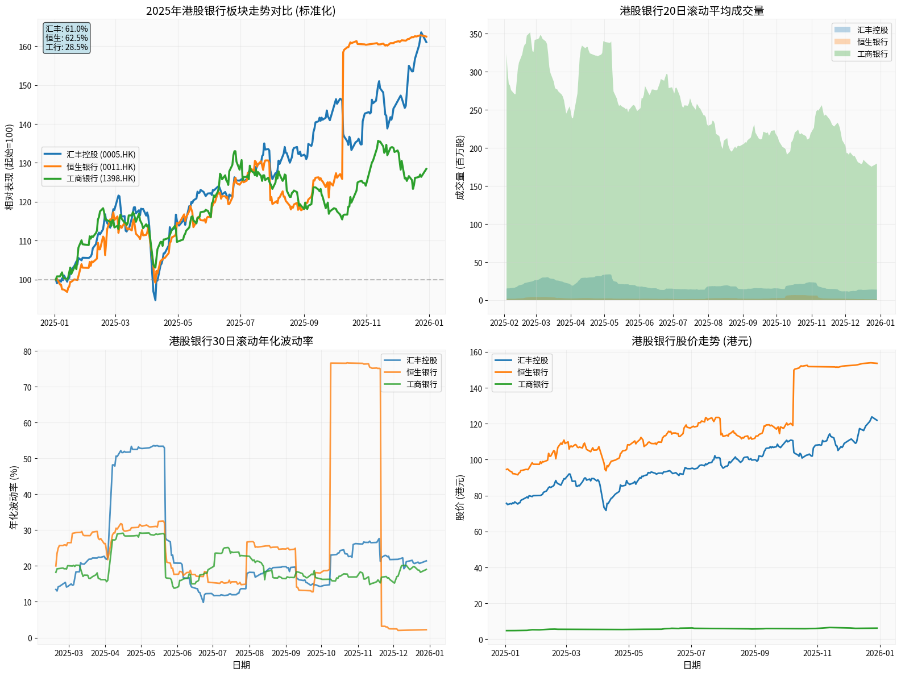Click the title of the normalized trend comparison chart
coord(241,11)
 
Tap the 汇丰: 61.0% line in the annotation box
coord(67,29)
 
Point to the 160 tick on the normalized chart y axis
coord(25,47)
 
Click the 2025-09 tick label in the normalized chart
coord(304,323)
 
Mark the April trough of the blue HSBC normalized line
coord(155,299)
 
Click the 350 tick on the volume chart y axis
coord(475,34)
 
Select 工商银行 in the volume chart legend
coord(872,54)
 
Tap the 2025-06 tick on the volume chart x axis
coord(639,323)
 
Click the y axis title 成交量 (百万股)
coord(460,167)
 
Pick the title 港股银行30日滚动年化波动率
coord(241,341)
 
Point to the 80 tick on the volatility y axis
coord(27,351)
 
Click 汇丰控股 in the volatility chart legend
coord(421,360)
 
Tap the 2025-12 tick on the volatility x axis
coord(393,653)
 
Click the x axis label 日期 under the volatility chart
coord(241,665)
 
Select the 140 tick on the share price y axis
coord(475,388)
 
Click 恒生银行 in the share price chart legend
coord(532,372)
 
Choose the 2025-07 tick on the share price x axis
coord(692,653)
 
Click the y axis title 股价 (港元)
coord(460,497)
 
